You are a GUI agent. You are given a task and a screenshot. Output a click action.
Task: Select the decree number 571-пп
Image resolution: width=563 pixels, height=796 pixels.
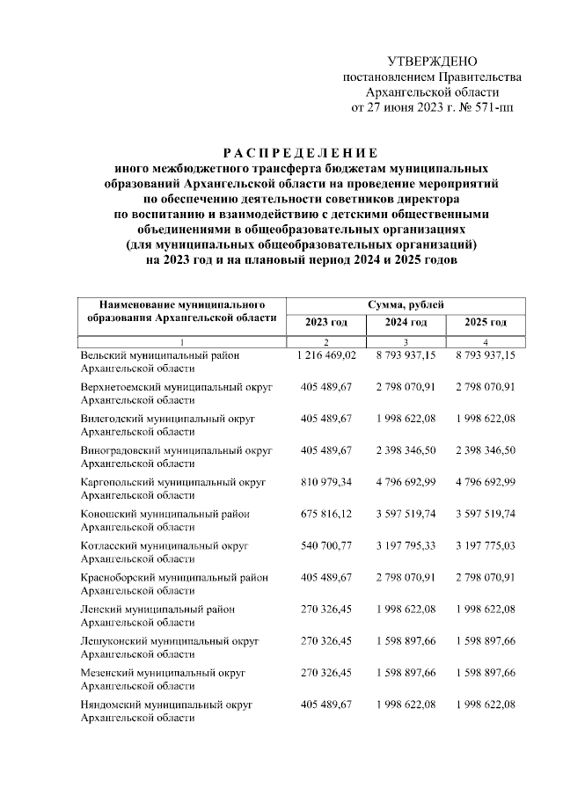tap(488, 108)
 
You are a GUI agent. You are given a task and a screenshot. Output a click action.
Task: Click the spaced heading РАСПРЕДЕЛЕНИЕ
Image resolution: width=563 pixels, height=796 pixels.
tap(300, 151)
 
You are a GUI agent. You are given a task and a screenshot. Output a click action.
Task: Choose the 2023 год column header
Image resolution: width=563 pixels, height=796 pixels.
tap(326, 323)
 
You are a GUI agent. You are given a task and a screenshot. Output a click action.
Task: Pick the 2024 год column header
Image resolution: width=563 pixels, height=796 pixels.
tap(406, 323)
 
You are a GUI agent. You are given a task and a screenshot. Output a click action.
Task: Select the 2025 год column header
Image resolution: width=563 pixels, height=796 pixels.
tap(486, 323)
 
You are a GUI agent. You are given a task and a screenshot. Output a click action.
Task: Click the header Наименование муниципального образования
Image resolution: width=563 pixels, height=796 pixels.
tap(181, 310)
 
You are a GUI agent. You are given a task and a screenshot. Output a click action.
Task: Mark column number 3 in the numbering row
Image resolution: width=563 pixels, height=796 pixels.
tap(406, 342)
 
